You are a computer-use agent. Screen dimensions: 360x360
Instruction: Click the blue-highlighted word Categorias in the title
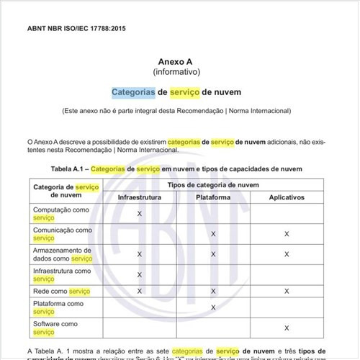tap(133, 93)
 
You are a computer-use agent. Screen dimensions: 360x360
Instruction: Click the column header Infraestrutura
tap(139, 197)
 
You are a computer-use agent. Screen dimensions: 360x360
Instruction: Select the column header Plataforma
tap(213, 197)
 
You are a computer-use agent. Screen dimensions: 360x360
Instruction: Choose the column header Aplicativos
tap(287, 197)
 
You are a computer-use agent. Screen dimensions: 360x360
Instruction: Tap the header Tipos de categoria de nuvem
tap(212, 184)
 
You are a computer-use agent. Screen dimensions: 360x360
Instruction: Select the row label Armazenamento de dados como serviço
tap(63, 253)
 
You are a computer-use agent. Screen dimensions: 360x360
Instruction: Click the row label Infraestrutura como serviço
tap(62, 274)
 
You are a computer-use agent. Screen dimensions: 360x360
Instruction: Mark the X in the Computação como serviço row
tap(139, 214)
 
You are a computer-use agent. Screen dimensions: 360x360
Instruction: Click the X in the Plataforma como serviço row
tap(213, 307)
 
